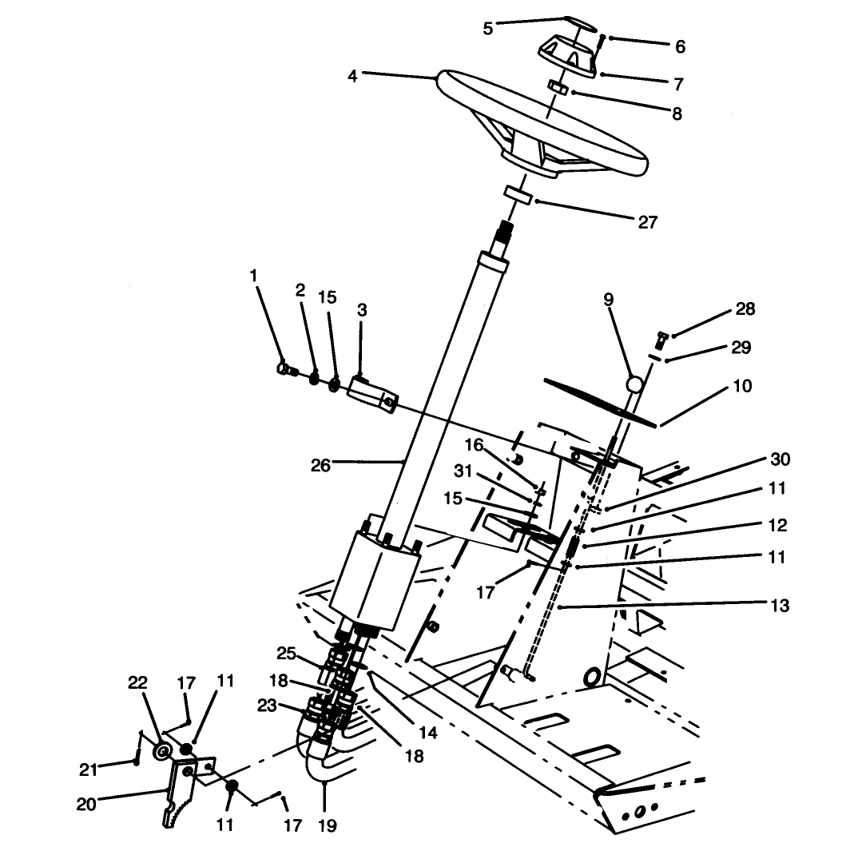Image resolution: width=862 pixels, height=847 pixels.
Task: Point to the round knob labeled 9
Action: [x=634, y=384]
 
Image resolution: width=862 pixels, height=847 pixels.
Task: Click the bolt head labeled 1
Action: [x=283, y=368]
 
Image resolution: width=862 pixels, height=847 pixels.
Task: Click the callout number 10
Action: [x=742, y=386]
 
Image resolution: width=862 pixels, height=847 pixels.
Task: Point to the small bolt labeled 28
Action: [x=660, y=340]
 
